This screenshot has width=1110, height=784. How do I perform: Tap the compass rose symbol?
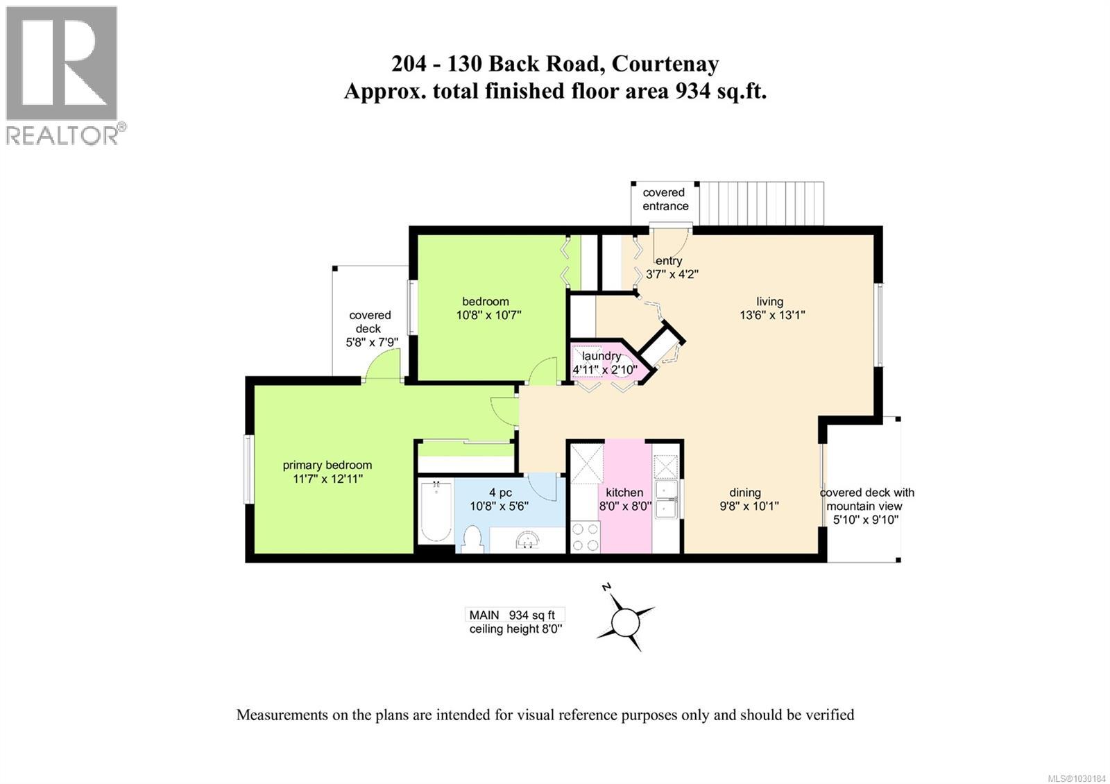pyautogui.click(x=626, y=620)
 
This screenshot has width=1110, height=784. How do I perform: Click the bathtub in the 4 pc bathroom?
pyautogui.click(x=436, y=513)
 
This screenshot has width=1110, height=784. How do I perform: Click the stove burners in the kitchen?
pyautogui.click(x=585, y=536)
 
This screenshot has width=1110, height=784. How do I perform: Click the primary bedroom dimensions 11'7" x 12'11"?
pyautogui.click(x=327, y=479)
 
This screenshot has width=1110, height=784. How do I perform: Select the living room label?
pyautogui.click(x=769, y=301)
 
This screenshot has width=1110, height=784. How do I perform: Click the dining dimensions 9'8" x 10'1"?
pyautogui.click(x=749, y=506)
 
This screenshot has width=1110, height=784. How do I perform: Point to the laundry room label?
pyautogui.click(x=601, y=356)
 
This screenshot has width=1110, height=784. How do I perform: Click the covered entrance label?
pyautogui.click(x=665, y=199)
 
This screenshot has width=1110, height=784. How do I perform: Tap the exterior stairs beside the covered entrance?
pyautogui.click(x=761, y=203)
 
